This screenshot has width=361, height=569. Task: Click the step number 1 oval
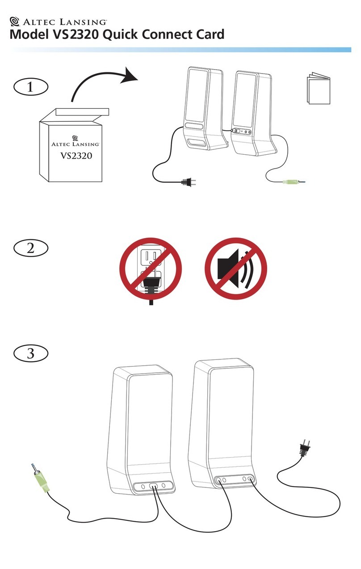pyautogui.click(x=30, y=87)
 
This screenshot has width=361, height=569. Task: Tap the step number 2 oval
pyautogui.click(x=30, y=248)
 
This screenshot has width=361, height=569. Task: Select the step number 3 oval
pyautogui.click(x=30, y=353)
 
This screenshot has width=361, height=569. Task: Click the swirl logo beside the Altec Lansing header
pyautogui.click(x=14, y=21)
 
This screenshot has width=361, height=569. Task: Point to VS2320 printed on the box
pyautogui.click(x=76, y=156)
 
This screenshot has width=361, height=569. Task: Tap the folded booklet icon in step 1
pyautogui.click(x=319, y=88)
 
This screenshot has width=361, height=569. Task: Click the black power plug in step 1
pyautogui.click(x=189, y=182)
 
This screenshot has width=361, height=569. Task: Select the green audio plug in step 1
pyautogui.click(x=294, y=182)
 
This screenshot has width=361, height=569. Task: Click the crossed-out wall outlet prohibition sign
pyautogui.click(x=151, y=269)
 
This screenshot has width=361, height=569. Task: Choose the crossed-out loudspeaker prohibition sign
pyautogui.click(x=236, y=269)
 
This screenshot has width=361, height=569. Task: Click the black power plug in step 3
pyautogui.click(x=305, y=449)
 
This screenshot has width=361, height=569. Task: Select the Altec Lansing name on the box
pyautogui.click(x=76, y=144)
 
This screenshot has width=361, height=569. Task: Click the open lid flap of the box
pyautogui.click(x=82, y=112)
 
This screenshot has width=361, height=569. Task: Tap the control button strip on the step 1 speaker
pyautogui.click(x=241, y=132)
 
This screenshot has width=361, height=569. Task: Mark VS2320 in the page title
pyautogui.click(x=76, y=34)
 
